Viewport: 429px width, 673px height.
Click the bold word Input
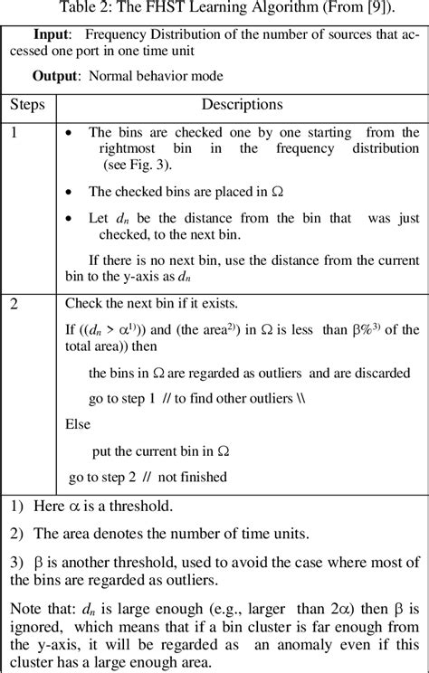pos(51,33)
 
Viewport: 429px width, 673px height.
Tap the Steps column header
pos(27,104)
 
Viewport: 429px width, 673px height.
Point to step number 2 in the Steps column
pos(14,305)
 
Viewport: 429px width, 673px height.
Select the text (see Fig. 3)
pos(139,168)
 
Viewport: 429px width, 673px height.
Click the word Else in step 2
pos(78,422)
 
